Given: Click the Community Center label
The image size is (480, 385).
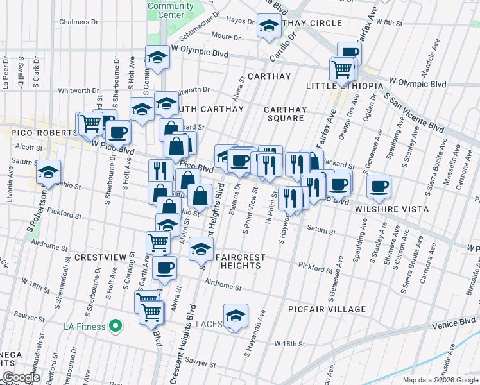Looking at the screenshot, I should tap(170, 10).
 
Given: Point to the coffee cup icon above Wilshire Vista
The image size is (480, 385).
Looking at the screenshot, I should tap(379, 186).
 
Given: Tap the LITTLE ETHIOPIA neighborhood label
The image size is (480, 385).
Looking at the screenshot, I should tap(344, 86).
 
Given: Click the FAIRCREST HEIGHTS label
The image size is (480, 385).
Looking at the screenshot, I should tap(240, 262).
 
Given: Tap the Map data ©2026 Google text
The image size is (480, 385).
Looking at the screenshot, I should tap(440, 380).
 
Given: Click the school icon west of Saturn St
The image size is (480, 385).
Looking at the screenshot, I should tap(48, 172).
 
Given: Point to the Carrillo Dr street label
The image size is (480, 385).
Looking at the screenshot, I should tap(281, 48).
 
